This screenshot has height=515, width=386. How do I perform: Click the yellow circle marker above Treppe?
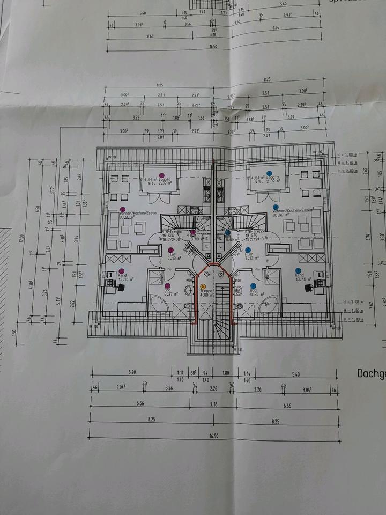tap(203, 287)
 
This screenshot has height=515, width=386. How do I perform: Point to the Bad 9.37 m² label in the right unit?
tap(254, 293)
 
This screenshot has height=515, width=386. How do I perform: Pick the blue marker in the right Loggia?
tap(270, 174)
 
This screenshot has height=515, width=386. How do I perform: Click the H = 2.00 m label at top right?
tap(350, 171)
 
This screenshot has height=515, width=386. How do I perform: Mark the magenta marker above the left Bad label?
tap(167, 285)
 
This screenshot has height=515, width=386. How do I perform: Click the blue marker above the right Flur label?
tap(248, 249)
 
